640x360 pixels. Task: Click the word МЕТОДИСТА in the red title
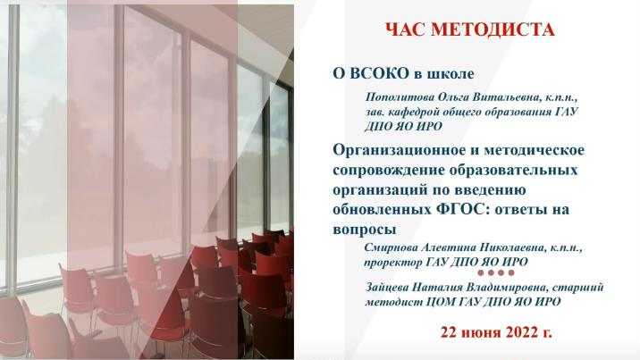pos(493,29)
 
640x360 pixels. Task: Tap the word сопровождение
pos(388,170)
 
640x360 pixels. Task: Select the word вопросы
pos(365,230)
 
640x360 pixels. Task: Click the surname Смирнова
pos(389,247)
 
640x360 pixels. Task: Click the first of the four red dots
pos(481,272)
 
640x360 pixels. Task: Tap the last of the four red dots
pos(511,272)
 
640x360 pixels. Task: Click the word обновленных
pos(382,210)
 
